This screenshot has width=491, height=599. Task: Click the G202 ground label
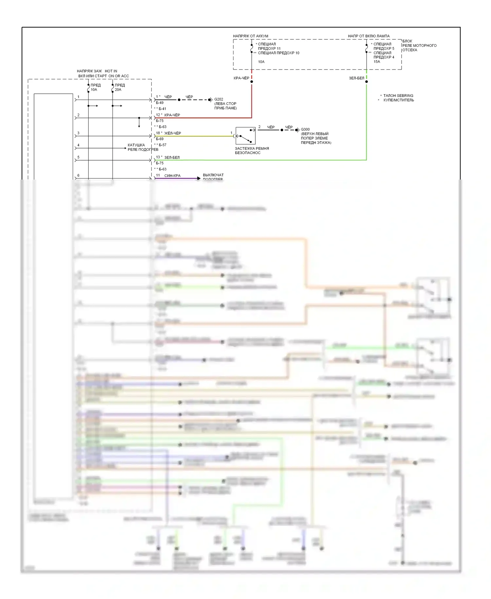click(219, 99)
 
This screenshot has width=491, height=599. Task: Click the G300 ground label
click(305, 129)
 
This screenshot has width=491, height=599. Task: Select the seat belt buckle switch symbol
click(245, 136)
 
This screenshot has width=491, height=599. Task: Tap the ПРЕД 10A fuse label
click(95, 87)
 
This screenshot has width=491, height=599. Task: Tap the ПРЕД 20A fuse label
click(119, 87)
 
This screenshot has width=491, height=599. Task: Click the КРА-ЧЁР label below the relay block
click(241, 78)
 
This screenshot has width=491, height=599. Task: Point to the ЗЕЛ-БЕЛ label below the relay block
click(356, 78)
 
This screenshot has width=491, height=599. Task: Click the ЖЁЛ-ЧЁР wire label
click(173, 133)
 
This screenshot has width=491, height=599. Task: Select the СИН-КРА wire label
click(172, 176)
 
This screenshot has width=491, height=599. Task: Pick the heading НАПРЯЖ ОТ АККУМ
click(250, 36)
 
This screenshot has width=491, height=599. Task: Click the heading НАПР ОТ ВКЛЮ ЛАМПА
click(369, 36)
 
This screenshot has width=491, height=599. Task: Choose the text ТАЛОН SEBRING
click(398, 96)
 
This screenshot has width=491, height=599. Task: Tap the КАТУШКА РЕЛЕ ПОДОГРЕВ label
click(143, 147)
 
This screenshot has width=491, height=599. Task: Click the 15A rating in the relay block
click(377, 62)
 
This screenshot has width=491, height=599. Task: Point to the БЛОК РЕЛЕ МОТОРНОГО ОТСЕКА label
click(419, 46)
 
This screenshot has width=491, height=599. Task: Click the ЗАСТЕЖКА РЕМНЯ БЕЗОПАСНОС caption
click(252, 150)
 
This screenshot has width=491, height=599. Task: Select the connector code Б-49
click(160, 103)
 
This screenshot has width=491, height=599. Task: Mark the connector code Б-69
click(160, 139)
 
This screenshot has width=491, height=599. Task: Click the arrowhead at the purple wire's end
click(199, 178)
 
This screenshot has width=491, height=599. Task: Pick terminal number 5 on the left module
click(78, 157)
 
